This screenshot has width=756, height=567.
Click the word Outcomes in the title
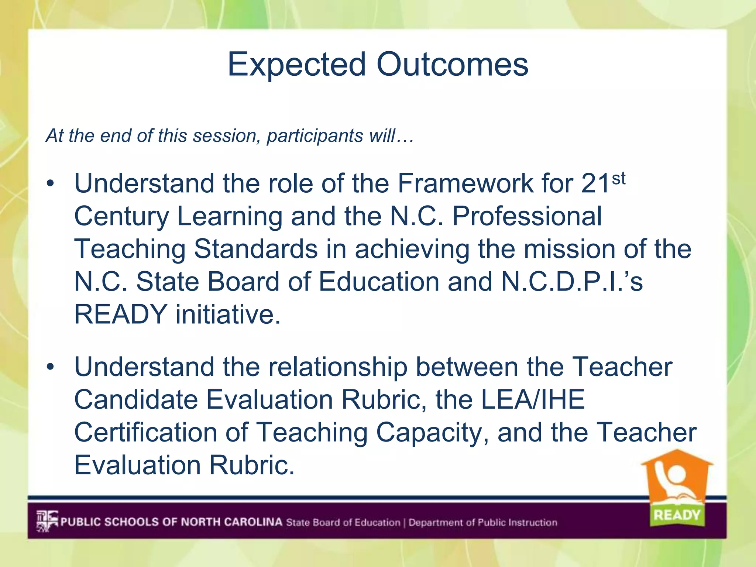(x=452, y=64)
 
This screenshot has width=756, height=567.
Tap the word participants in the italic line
(x=315, y=136)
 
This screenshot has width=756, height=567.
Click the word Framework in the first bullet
(x=465, y=183)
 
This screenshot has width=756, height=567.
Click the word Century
(x=121, y=216)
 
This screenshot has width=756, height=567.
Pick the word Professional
(x=527, y=216)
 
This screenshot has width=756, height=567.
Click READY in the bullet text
(x=121, y=315)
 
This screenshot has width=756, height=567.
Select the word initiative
(x=228, y=315)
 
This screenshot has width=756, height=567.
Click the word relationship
(x=337, y=367)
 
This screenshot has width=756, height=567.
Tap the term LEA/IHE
(x=533, y=400)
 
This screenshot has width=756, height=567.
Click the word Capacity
(x=432, y=433)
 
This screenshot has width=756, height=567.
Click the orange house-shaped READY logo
(x=677, y=487)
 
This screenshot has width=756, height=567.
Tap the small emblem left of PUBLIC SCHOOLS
(x=47, y=521)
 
